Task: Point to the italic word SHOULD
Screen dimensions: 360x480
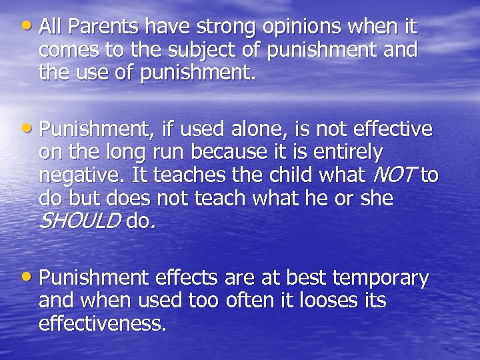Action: (x=80, y=221)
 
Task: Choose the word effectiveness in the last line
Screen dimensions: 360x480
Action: (x=101, y=323)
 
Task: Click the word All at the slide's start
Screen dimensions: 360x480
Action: (x=50, y=27)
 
